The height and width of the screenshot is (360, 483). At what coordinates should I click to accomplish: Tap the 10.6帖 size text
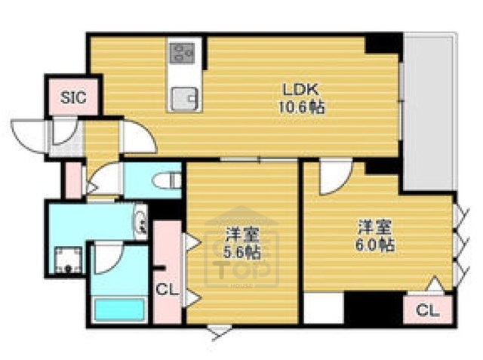[299, 107]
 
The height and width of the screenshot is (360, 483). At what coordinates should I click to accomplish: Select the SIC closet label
[73, 97]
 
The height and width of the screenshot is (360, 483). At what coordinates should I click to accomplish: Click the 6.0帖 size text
[376, 245]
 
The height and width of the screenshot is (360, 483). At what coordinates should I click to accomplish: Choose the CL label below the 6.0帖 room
[426, 309]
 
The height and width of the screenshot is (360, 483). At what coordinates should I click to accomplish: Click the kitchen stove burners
[182, 52]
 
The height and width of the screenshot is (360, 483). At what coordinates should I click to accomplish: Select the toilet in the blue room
[168, 180]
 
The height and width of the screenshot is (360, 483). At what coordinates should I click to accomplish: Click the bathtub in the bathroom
[117, 308]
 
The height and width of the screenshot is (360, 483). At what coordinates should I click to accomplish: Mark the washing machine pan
[68, 257]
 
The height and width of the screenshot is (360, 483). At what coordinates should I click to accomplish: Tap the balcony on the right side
[429, 113]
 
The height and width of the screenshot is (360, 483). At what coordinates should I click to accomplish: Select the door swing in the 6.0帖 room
[331, 177]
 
